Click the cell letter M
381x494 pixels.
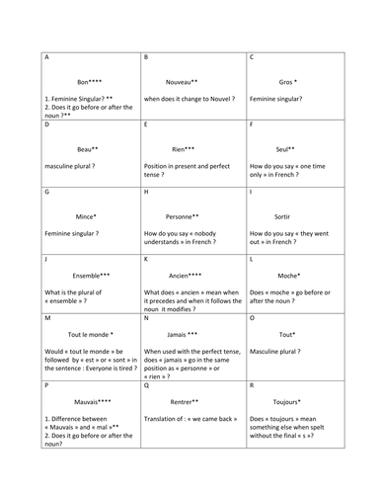(48, 319)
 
